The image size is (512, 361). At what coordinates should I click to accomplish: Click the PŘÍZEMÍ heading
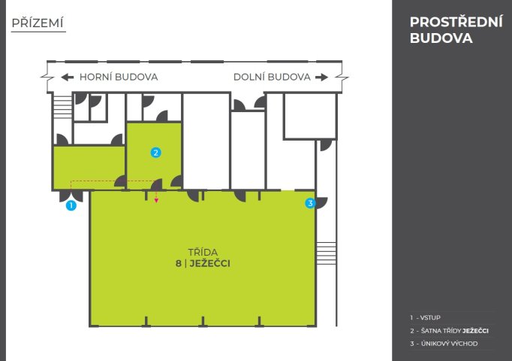click(38, 23)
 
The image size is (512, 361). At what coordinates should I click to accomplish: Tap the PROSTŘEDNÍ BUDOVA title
click(456, 30)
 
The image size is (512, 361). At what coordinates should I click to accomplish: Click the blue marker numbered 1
click(71, 205)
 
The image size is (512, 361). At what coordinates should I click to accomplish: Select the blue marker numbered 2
click(155, 153)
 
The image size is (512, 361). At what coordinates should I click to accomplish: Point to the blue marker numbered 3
click(310, 203)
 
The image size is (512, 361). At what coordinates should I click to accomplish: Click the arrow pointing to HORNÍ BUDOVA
click(68, 77)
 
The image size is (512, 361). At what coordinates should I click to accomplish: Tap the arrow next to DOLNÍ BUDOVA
click(321, 77)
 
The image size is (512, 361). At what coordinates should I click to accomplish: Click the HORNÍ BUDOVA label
click(119, 77)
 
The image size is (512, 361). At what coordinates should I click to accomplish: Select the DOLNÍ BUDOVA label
click(272, 77)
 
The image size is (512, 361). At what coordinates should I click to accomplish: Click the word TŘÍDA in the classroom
click(203, 252)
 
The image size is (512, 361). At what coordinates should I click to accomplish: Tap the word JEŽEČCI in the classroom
click(210, 263)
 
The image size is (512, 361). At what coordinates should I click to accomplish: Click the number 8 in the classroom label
click(178, 263)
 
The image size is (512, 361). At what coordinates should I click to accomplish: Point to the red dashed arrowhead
click(156, 200)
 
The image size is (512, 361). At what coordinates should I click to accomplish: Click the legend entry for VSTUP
click(426, 317)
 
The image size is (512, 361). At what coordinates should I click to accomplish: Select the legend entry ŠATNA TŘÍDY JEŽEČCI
click(449, 331)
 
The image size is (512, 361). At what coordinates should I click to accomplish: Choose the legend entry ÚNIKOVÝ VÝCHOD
click(444, 344)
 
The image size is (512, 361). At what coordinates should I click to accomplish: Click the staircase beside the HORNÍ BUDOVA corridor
click(63, 107)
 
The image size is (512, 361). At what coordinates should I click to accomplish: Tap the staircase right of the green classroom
click(327, 253)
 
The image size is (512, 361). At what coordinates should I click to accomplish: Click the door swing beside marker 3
click(321, 203)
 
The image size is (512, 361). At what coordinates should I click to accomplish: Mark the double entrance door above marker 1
click(71, 196)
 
